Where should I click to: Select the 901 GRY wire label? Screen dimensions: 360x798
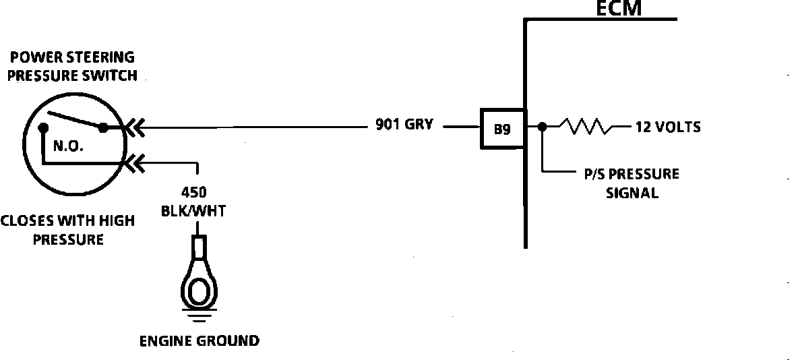pos(404,126)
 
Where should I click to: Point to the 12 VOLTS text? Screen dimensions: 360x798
pos(667,127)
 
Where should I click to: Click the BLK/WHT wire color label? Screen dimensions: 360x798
pos(193,211)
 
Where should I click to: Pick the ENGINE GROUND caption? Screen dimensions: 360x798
pos(199,340)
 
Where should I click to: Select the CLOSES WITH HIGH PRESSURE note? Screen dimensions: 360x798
pos(67,230)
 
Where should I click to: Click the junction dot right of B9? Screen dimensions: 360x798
pos(543,127)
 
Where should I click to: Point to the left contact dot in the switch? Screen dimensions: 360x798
pos(43,127)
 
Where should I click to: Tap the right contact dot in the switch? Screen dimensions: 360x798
pos(102,127)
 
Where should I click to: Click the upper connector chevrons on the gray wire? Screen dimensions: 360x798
pos(135,127)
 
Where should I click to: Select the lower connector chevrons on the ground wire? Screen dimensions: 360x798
pos(135,162)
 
